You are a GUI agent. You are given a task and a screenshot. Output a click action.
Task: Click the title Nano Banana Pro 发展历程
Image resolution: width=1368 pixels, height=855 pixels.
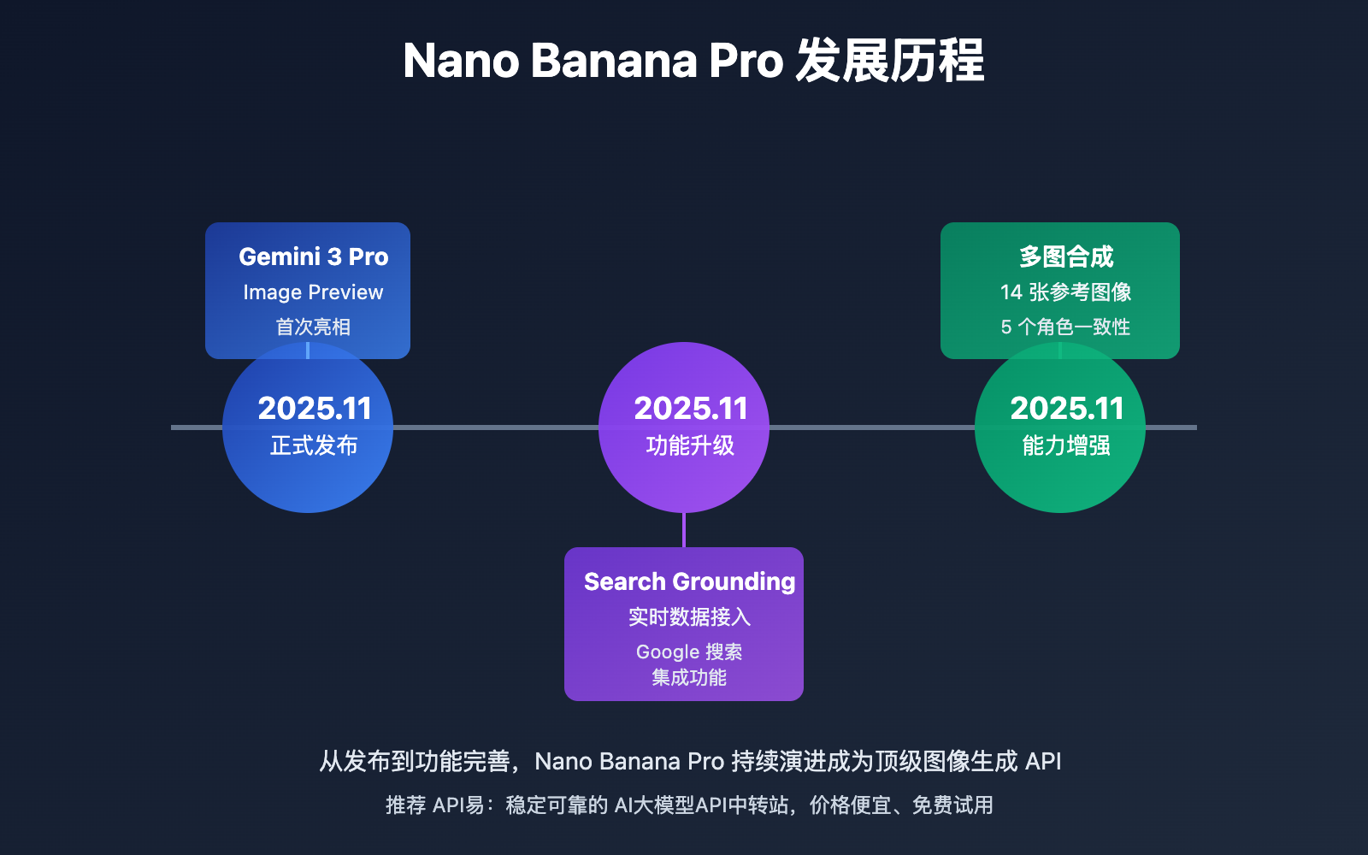coord(693,62)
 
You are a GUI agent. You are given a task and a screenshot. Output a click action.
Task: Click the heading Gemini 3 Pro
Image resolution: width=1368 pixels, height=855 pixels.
coord(313,256)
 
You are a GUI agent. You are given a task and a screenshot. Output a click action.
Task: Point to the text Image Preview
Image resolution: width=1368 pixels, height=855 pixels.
coord(313,292)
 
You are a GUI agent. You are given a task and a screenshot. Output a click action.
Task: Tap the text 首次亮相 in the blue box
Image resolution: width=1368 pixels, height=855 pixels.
coord(313,327)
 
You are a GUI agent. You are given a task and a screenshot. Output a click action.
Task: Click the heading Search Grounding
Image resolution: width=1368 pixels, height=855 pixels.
coord(689,581)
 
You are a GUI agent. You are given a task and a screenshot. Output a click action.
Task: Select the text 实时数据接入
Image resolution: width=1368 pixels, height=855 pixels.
coord(689,616)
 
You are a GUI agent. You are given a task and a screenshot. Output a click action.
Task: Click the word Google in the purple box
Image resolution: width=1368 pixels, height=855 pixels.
coord(668,652)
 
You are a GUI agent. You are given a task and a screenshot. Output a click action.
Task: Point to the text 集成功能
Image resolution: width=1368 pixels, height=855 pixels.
coord(689,677)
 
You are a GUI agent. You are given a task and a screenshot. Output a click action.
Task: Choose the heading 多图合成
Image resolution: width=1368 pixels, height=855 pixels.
coord(1065,256)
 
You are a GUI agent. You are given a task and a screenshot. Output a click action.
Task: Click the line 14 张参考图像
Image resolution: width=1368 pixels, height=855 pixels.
coord(1065,292)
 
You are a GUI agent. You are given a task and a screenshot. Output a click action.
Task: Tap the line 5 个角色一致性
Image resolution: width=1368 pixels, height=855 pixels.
coord(1065,327)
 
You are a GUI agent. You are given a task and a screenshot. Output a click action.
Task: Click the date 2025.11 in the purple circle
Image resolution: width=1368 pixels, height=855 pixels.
coord(690,409)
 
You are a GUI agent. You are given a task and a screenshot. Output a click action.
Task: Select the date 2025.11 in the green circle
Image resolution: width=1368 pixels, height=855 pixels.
coord(1066,409)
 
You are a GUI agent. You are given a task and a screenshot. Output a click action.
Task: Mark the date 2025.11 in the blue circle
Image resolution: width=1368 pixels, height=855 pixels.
coord(314,409)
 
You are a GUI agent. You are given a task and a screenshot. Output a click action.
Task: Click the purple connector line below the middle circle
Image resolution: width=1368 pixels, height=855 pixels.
coord(684,530)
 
